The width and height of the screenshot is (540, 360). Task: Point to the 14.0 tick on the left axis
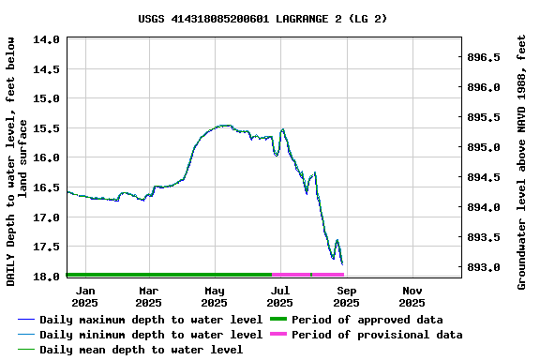click(x=49, y=39)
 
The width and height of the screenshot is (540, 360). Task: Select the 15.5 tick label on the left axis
click(x=49, y=128)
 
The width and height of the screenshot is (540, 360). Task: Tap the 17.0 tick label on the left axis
click(x=49, y=217)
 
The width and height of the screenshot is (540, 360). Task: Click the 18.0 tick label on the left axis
click(x=49, y=277)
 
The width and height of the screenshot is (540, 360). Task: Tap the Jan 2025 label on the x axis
click(x=84, y=296)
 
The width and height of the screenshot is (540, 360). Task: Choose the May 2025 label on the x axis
click(x=215, y=296)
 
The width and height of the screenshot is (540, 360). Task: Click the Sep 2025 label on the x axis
click(x=346, y=296)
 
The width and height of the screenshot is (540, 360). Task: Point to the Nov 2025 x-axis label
click(x=412, y=296)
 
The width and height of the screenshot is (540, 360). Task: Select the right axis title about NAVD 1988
click(x=522, y=161)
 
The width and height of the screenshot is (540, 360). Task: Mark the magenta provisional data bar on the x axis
click(x=308, y=275)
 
